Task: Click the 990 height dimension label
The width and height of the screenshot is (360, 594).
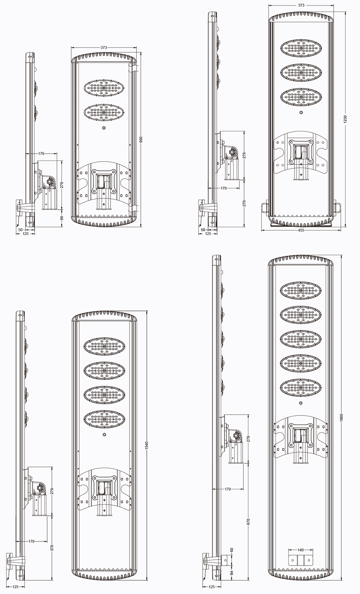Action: point(141,140)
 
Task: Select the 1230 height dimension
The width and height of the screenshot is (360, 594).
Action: point(345,119)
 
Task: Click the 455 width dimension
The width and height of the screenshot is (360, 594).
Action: point(301,230)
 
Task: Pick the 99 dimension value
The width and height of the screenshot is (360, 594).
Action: point(62,218)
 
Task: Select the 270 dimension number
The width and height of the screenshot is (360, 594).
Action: point(244,203)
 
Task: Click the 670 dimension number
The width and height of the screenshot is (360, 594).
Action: point(248,522)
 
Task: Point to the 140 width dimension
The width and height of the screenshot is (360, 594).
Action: point(301,550)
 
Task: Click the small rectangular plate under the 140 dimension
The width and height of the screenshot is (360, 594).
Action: point(301,560)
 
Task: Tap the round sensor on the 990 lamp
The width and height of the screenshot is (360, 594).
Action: point(104,128)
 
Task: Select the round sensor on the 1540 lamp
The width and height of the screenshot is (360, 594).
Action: point(104,435)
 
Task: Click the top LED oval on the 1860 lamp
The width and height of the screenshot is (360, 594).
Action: point(301,291)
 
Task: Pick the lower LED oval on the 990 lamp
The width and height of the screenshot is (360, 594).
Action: point(104,113)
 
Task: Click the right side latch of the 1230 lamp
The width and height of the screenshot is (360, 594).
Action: point(337,208)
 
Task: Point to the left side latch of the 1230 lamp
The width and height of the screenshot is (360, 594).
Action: point(264,208)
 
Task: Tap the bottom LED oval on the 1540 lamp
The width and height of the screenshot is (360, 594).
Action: point(104,419)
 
